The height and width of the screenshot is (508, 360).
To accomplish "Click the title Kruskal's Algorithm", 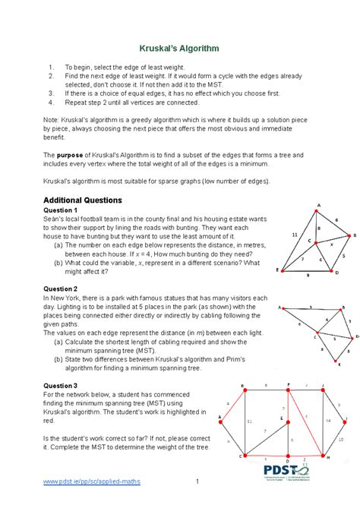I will pyautogui.click(x=179, y=48).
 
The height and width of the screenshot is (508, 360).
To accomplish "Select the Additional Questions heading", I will pyautogui.click(x=82, y=200).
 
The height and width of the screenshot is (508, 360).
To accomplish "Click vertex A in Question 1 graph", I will pyautogui.click(x=318, y=206).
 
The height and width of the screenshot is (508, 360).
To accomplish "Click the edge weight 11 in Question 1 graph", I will pyautogui.click(x=295, y=235).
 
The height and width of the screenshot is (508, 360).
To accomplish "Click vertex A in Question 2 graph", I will pyautogui.click(x=279, y=308).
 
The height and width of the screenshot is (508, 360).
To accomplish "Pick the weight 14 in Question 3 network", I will pyautogui.click(x=328, y=419).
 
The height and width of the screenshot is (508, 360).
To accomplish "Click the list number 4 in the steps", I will pyautogui.click(x=50, y=100).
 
